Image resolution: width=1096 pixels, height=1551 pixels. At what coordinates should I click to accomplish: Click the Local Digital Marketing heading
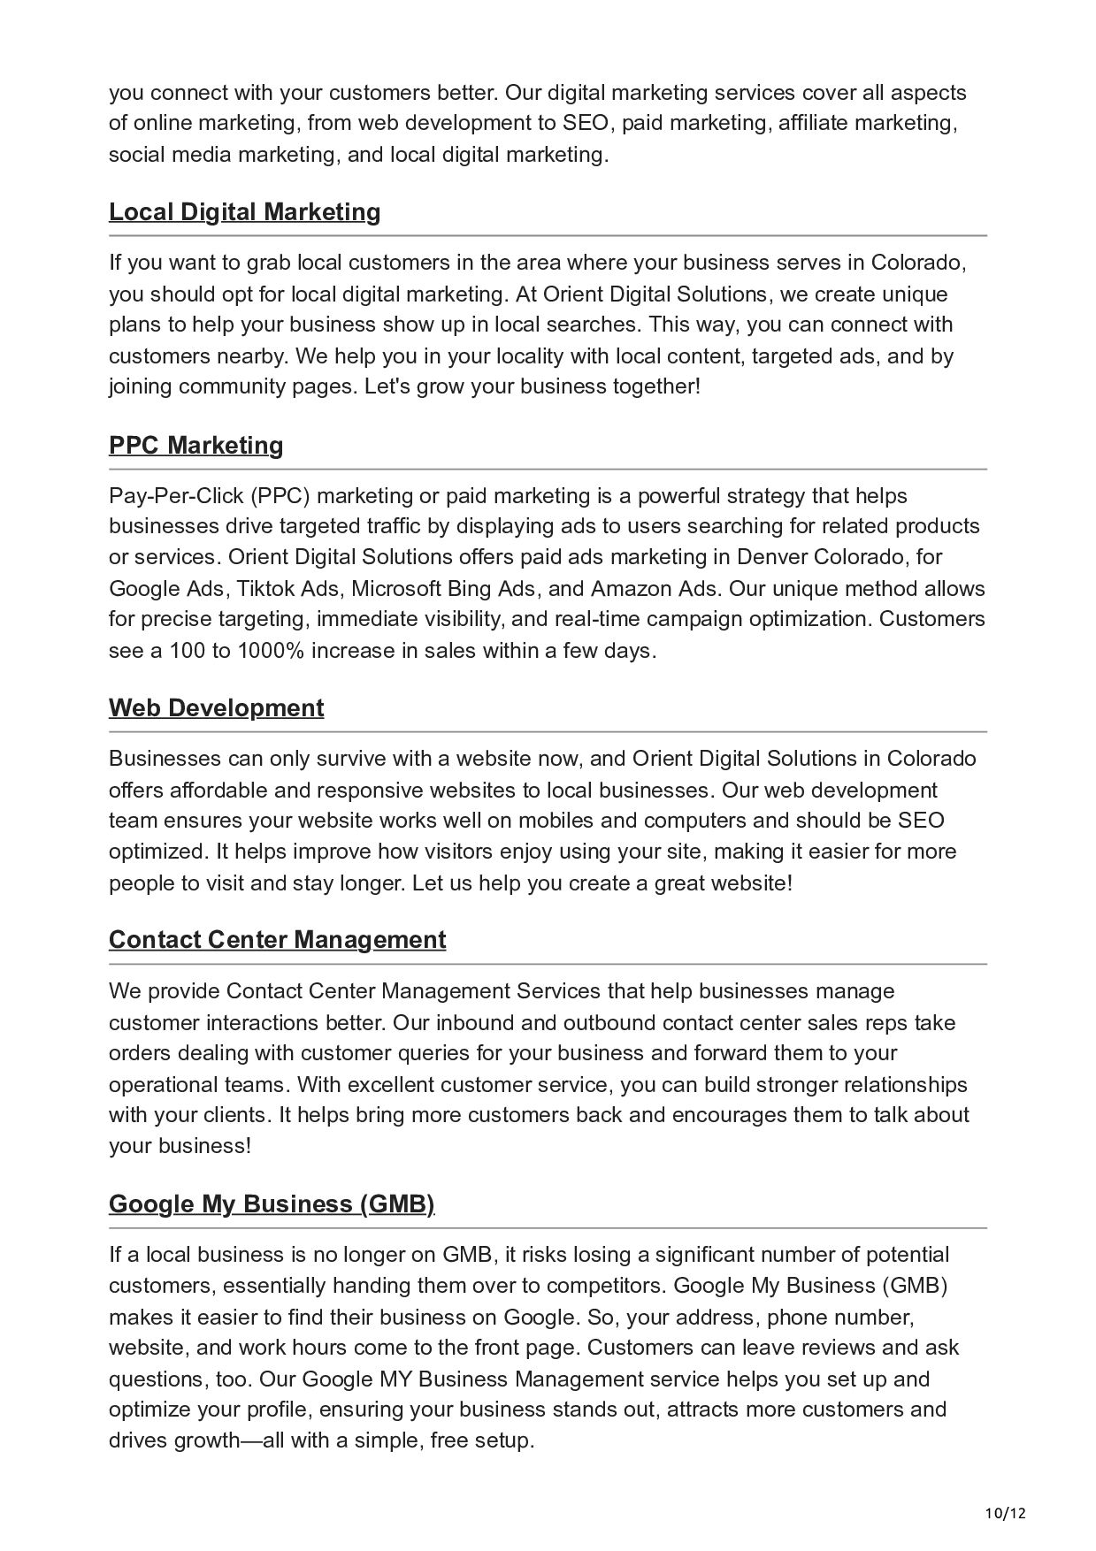click(244, 212)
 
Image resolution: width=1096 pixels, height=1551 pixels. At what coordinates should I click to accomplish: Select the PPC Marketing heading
click(195, 445)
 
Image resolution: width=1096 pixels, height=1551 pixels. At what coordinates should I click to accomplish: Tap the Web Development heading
click(216, 707)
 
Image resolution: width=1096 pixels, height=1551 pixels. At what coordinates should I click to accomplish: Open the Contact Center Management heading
click(277, 939)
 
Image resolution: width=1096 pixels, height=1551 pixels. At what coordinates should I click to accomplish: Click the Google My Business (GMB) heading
click(272, 1203)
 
